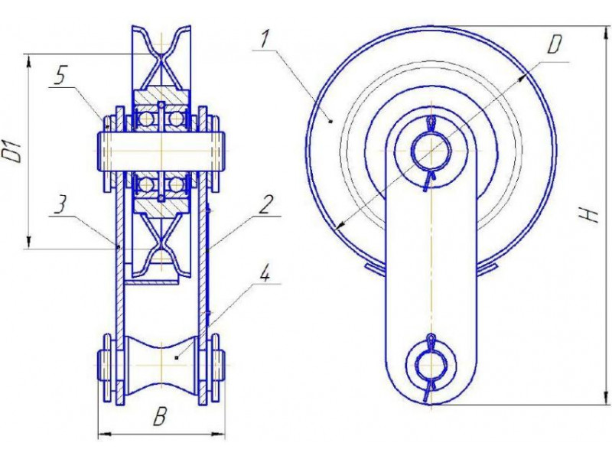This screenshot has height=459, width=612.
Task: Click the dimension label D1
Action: [15, 153]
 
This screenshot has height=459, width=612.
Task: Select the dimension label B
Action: [159, 417]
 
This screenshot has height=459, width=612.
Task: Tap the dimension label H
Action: [592, 214]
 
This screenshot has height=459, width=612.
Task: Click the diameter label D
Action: [554, 44]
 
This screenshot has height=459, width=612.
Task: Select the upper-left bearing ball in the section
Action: [145, 119]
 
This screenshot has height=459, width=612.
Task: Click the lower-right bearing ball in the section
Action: [177, 184]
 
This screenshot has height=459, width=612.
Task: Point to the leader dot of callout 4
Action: [177, 356]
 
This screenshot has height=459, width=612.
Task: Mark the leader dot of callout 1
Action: [331, 122]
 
